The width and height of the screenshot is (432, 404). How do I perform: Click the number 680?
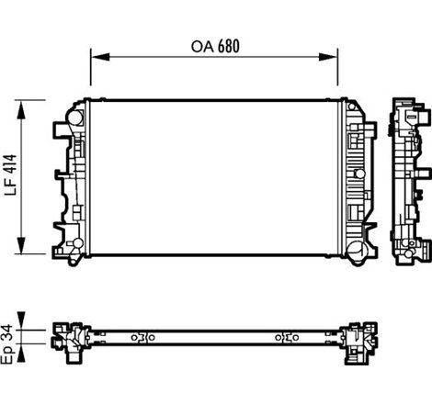click(x=234, y=46)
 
